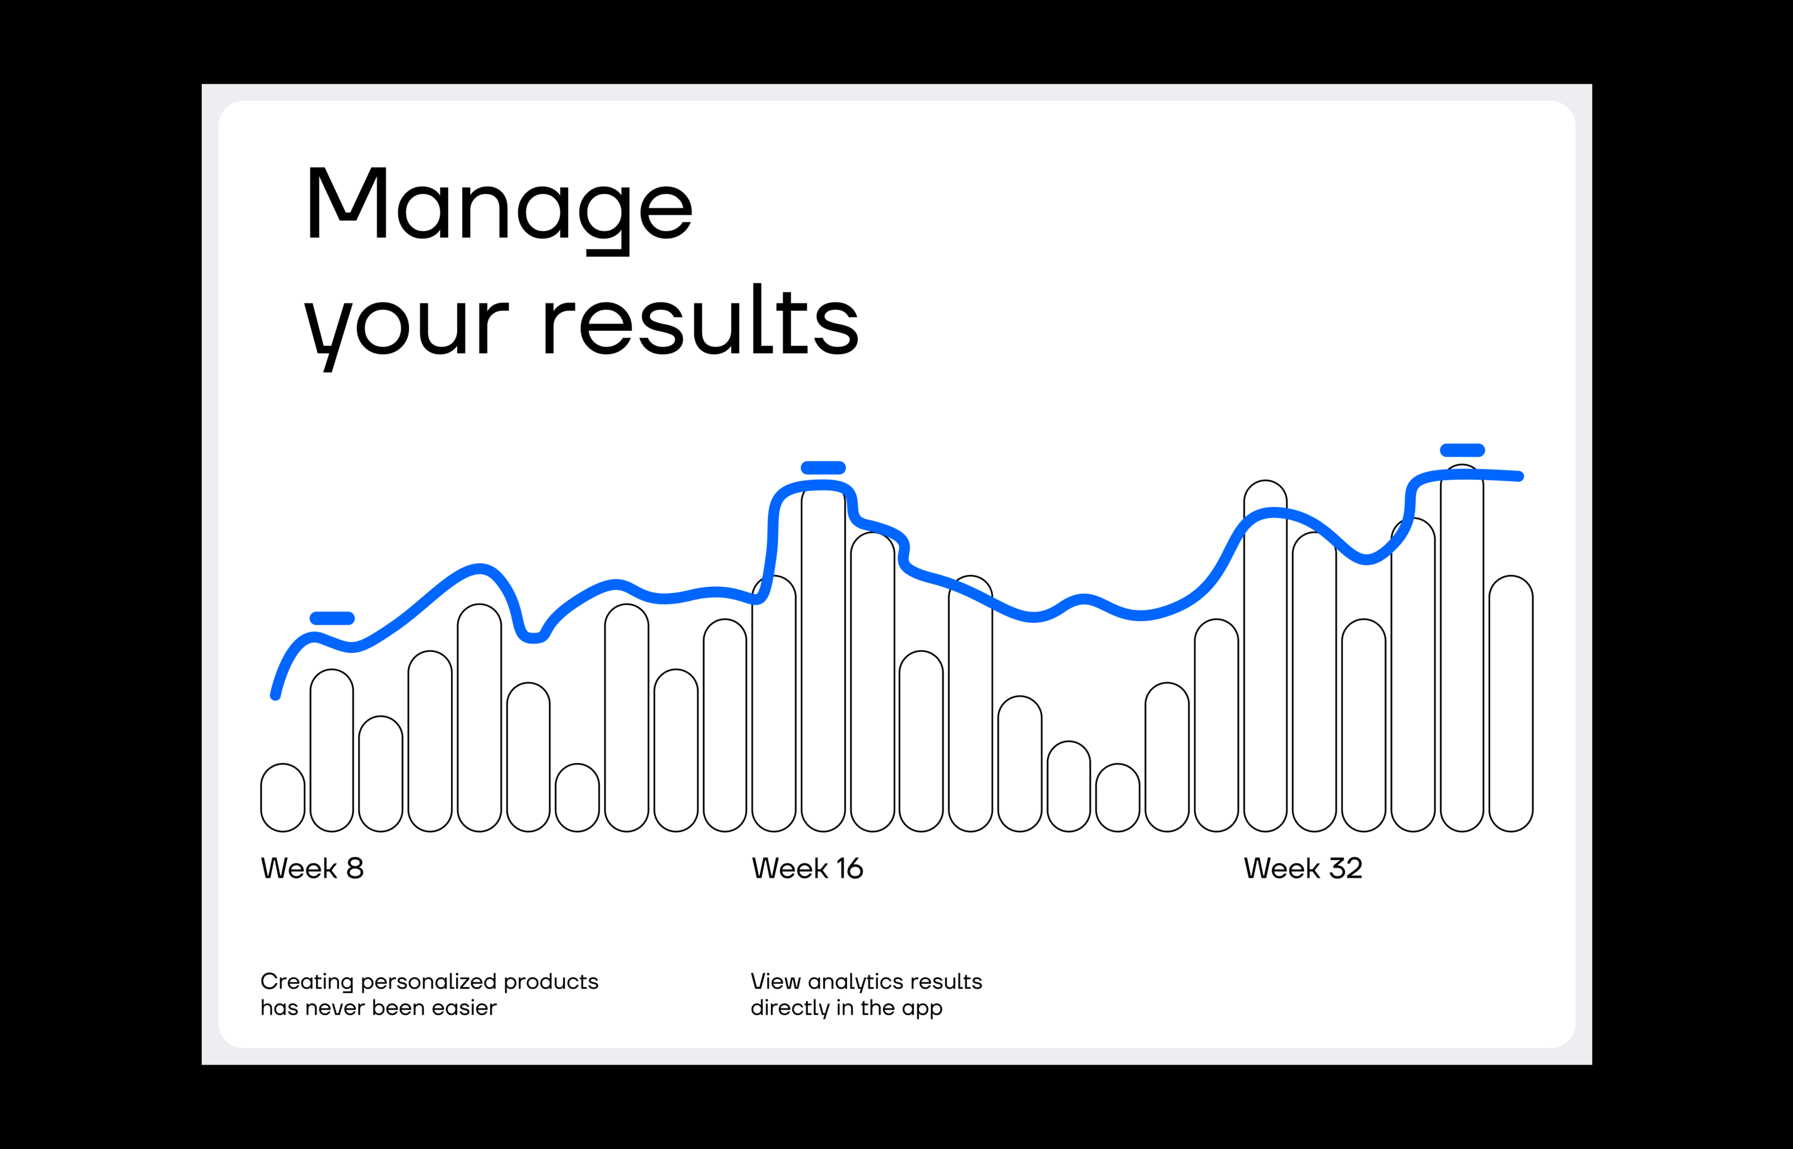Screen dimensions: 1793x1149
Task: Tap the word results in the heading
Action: point(701,319)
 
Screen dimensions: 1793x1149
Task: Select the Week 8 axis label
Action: point(312,868)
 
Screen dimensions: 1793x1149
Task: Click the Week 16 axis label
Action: point(807,868)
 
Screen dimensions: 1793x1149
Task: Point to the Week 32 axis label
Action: point(1303,868)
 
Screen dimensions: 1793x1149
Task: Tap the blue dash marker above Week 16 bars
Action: point(823,468)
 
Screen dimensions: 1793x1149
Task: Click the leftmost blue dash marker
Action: point(332,618)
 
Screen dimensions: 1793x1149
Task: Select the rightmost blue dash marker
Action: point(1462,450)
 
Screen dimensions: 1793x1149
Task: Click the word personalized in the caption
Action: point(430,983)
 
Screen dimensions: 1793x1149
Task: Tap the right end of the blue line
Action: point(1519,476)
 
